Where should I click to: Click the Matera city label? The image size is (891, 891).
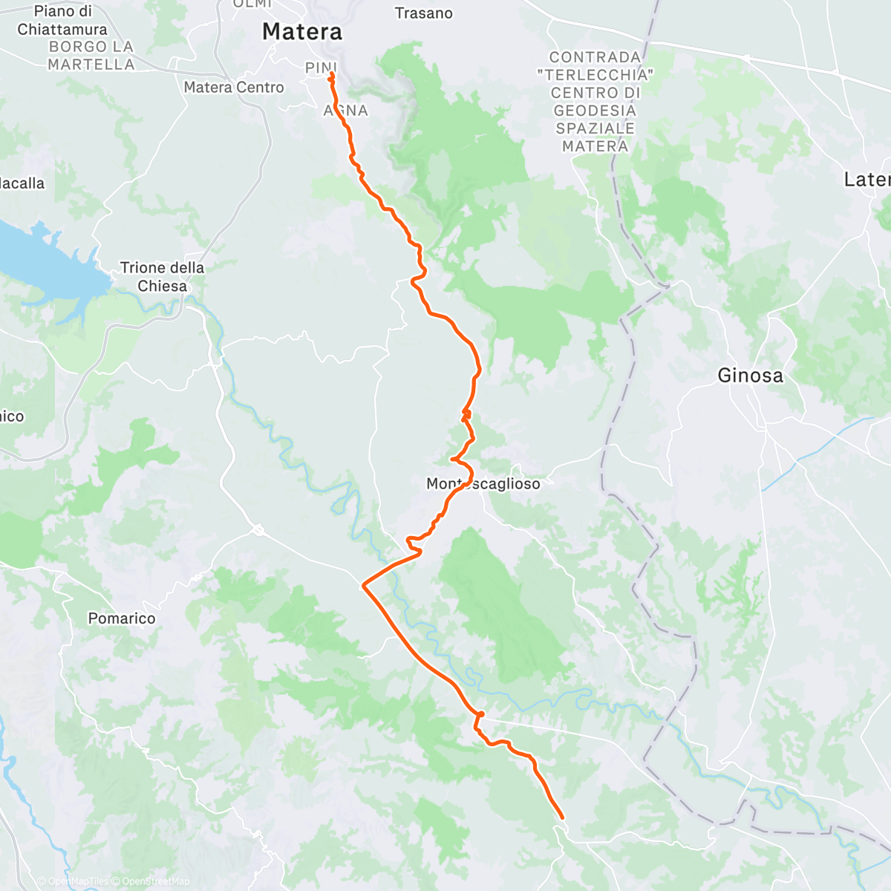coord(302,32)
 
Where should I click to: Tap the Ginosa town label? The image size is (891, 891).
coord(750,376)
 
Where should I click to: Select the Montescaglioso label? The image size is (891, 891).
coord(483,484)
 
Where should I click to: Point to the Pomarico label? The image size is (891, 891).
coord(122,619)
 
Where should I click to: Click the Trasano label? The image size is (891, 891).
coord(423,13)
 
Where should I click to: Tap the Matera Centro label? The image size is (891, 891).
coord(234,88)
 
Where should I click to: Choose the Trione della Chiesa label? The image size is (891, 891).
coord(162,277)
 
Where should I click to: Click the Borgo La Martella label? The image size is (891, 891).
coord(91,56)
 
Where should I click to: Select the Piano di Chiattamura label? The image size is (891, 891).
coord(62,21)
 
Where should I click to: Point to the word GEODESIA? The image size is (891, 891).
coord(595,111)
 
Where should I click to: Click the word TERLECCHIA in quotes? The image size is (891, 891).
coord(595,75)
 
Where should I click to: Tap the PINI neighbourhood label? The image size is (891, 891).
coord(321,68)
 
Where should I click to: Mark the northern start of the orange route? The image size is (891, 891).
coord(330,74)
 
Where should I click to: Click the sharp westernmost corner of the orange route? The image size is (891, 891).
coord(362,586)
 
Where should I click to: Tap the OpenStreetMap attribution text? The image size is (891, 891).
coord(155,881)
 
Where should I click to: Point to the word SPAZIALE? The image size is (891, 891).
coord(595,128)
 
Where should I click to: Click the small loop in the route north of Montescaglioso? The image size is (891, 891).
coord(466,412)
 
